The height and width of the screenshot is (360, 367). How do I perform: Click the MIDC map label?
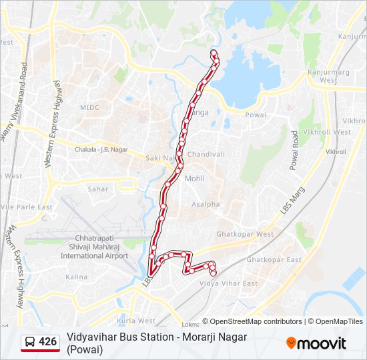click(x=89, y=107)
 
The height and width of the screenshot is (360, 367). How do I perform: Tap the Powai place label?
click(x=256, y=115)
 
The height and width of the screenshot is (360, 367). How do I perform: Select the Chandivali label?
click(x=206, y=154)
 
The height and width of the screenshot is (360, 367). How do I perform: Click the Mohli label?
click(x=194, y=179)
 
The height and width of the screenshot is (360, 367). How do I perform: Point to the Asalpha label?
click(x=206, y=204)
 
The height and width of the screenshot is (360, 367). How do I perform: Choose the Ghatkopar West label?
click(x=245, y=234)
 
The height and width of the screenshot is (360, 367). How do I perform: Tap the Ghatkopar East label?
click(x=274, y=259)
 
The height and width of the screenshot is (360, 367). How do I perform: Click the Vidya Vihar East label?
click(x=229, y=283)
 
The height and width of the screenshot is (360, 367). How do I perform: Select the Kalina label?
click(x=76, y=277)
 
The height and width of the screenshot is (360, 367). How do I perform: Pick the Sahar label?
click(x=97, y=189)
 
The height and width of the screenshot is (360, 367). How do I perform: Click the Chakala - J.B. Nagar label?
click(x=101, y=150)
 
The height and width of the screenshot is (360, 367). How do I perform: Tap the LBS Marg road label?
click(x=287, y=204)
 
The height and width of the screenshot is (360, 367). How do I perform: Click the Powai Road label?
click(x=294, y=150)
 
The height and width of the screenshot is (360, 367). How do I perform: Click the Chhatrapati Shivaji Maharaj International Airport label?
click(x=93, y=247)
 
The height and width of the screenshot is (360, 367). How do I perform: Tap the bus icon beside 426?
click(x=30, y=342)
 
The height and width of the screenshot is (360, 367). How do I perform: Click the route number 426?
click(x=48, y=342)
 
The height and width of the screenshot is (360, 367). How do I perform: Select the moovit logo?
click(x=316, y=343)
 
